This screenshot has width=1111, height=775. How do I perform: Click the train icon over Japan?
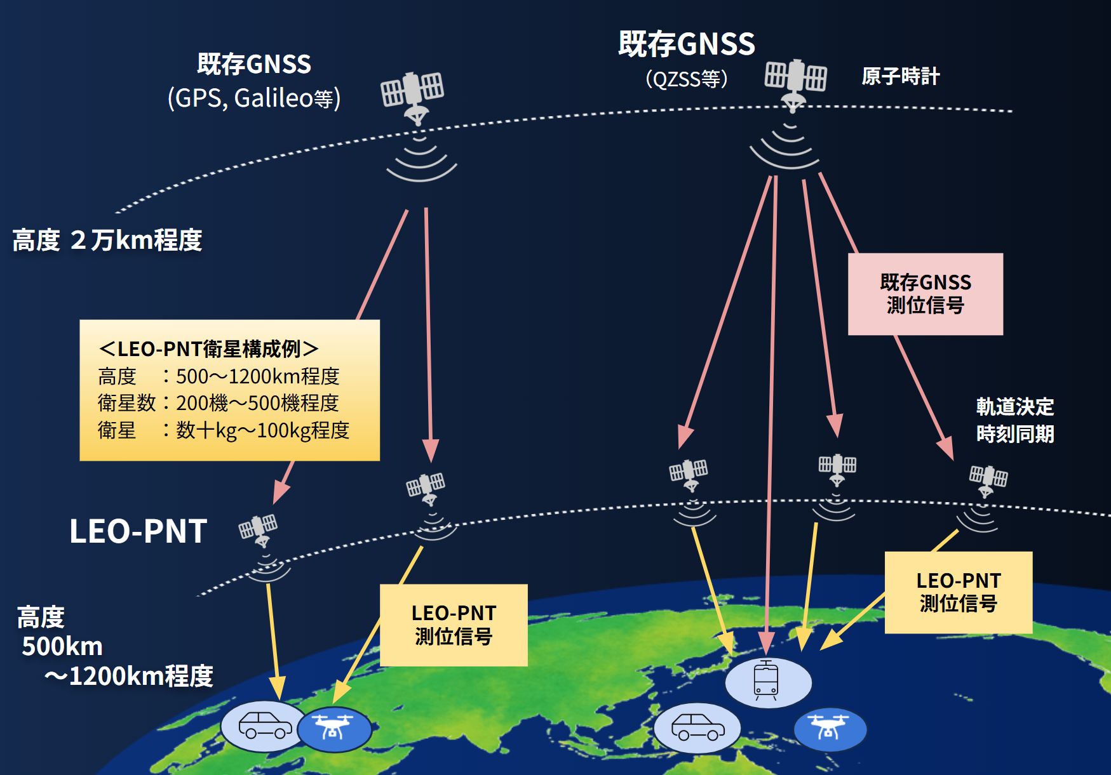766,680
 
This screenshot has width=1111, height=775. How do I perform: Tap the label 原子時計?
900,76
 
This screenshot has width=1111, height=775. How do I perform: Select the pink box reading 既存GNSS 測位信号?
926,294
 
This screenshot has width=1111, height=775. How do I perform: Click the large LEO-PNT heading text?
138,531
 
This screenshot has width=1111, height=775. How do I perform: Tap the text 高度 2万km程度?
107,241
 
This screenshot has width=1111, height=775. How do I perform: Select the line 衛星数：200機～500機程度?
219,402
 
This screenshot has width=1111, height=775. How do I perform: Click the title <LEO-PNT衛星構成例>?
208,348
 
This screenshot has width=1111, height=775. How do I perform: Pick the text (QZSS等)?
686,79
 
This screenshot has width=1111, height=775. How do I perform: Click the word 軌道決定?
1015,406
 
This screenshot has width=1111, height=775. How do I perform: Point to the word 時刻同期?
1015,434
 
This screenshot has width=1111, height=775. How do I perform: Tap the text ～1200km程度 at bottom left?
128,676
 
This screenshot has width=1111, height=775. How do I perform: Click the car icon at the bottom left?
265,725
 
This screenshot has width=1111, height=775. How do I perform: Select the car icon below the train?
697,727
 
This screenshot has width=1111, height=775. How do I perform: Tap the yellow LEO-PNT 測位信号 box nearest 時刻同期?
959,592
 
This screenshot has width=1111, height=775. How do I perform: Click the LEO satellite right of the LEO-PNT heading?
259,529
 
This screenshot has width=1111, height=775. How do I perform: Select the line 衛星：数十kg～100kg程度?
224,430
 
